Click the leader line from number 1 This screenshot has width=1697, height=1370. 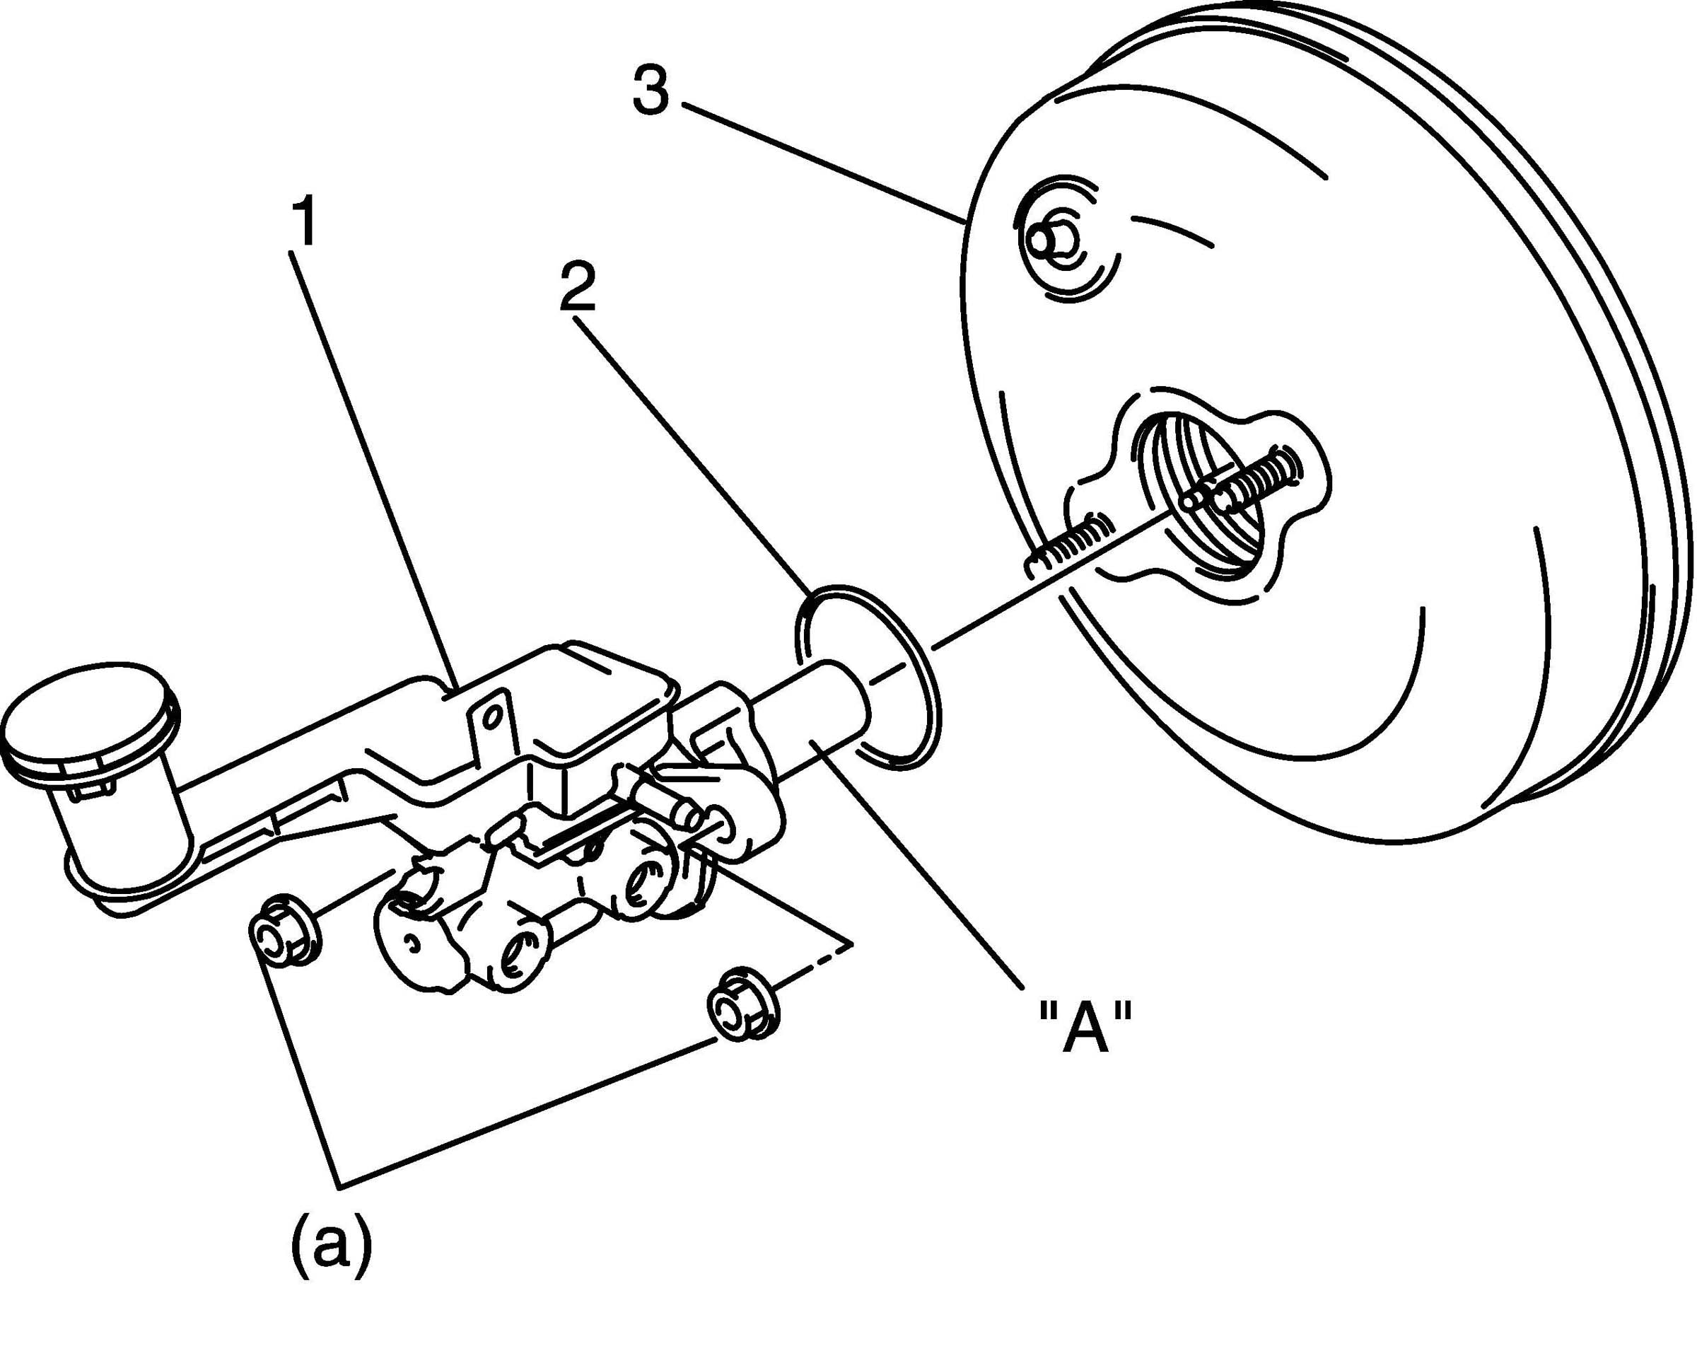click(371, 458)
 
